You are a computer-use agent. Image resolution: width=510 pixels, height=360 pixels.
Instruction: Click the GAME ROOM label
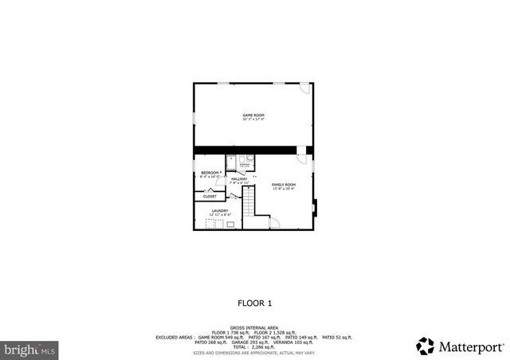[x=253, y=115]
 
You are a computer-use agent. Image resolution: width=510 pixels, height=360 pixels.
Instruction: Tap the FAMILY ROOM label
[x=284, y=185]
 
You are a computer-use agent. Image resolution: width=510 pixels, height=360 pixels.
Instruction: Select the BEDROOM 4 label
[x=210, y=173]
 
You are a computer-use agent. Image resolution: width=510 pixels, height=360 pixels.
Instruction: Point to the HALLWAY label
[x=239, y=179]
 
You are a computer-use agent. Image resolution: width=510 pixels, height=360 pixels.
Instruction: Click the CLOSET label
[x=210, y=197]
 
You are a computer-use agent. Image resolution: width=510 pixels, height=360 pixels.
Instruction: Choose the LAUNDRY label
[x=220, y=211]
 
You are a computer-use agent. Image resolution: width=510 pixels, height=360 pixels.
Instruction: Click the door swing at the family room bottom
[x=274, y=223]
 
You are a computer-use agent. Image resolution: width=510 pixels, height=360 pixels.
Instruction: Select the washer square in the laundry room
[x=230, y=225]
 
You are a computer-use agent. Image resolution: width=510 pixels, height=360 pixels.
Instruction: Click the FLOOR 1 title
[x=255, y=303]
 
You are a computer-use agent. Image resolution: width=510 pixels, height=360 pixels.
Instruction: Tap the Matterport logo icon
[x=426, y=346]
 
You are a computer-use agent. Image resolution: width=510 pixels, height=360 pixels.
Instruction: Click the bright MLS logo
[x=29, y=349]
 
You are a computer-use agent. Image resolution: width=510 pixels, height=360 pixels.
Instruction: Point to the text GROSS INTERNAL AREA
[x=254, y=327]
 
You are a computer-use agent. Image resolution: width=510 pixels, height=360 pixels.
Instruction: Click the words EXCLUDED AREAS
[x=174, y=337]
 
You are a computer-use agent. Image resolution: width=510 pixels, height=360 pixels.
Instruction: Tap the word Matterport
[x=471, y=347]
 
